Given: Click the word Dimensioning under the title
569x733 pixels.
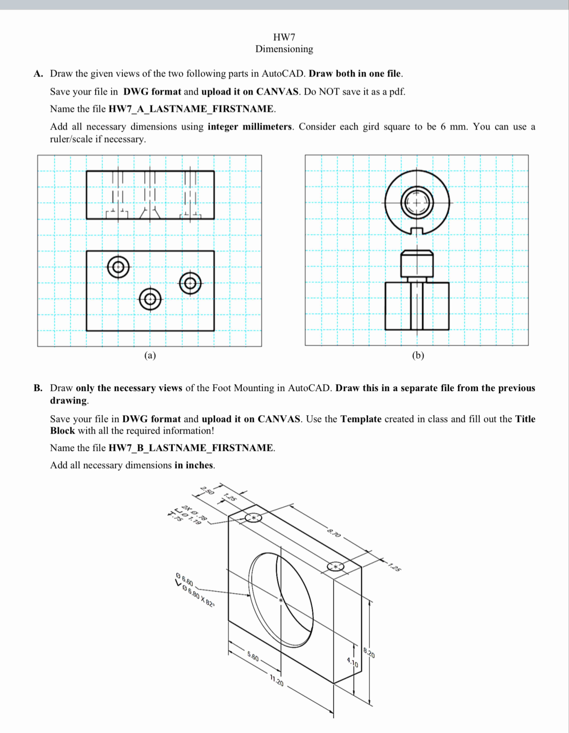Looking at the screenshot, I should tap(284, 49).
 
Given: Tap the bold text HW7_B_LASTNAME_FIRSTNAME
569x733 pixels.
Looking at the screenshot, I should tap(191, 448).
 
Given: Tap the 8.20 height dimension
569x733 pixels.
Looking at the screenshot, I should tap(369, 653).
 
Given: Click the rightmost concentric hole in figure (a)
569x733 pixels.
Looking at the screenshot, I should tap(190, 284).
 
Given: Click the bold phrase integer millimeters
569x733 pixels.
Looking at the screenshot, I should tap(250, 127).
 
